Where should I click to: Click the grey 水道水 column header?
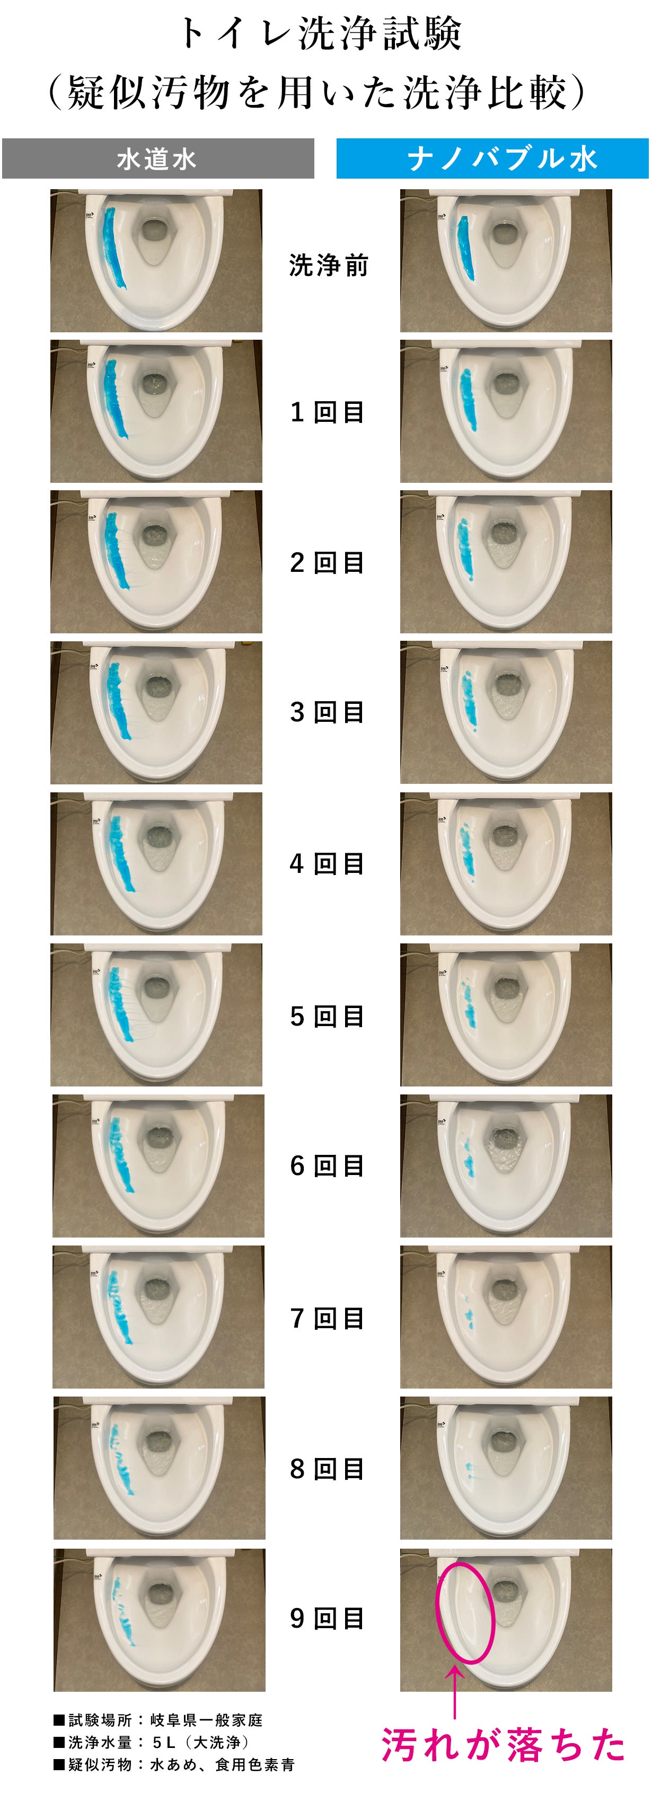click(x=157, y=159)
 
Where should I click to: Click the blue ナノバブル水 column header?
click(x=492, y=159)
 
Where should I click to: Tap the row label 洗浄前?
click(x=328, y=266)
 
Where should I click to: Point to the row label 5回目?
click(x=327, y=1017)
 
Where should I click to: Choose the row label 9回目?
click(x=327, y=1618)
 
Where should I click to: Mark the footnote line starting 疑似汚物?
click(x=174, y=1765)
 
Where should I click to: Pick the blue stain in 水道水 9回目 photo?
click(x=124, y=1611)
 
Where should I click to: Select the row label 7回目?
click(x=327, y=1319)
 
